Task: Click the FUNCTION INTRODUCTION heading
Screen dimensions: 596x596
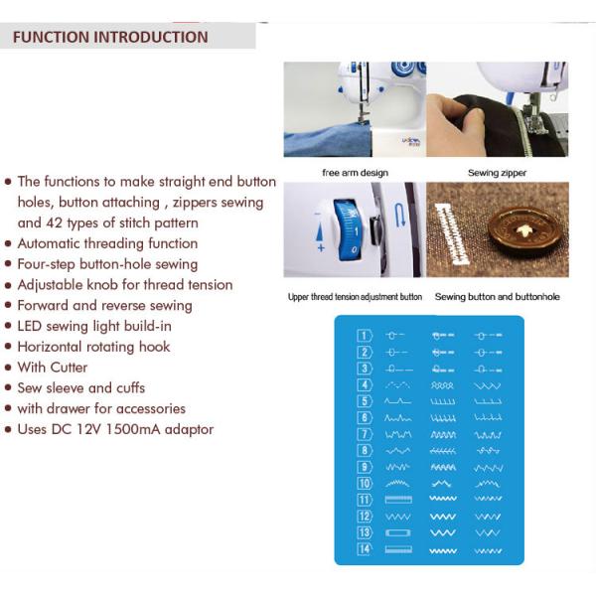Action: coord(110,38)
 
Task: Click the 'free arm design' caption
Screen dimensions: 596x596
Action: coord(355,173)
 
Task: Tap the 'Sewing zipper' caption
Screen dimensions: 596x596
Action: coord(497,173)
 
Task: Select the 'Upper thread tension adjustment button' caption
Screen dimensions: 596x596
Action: coord(355,297)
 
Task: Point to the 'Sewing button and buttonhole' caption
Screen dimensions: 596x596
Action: coord(497,297)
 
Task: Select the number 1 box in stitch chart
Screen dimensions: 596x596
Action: coord(365,335)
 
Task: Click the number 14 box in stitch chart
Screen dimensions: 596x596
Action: coord(365,549)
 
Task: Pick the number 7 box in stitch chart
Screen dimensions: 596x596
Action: coord(365,434)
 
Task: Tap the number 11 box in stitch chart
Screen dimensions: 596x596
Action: coord(365,500)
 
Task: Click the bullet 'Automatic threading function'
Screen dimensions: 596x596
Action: coord(107,243)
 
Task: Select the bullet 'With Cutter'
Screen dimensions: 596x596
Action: coord(53,368)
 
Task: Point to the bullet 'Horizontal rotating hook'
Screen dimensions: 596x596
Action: coord(93,347)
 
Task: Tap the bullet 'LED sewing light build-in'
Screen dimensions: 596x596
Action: coord(93,326)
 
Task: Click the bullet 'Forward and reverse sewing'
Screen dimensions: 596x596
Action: coord(104,305)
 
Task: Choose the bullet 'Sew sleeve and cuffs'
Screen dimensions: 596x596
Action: coord(80,387)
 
